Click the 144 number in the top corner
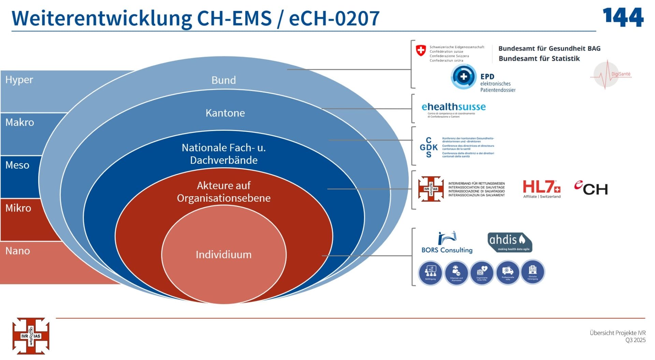623,17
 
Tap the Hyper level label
19,80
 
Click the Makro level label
19,123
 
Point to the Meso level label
17,165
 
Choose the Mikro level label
18,208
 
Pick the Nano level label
17,251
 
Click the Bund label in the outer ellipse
223,80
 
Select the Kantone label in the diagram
225,113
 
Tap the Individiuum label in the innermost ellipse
223,255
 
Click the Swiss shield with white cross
421,51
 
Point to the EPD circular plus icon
463,77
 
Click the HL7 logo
541,188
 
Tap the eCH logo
591,188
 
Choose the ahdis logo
510,242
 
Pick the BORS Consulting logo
447,243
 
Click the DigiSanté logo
611,74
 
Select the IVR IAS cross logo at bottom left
31,336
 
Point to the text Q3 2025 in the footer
635,340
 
